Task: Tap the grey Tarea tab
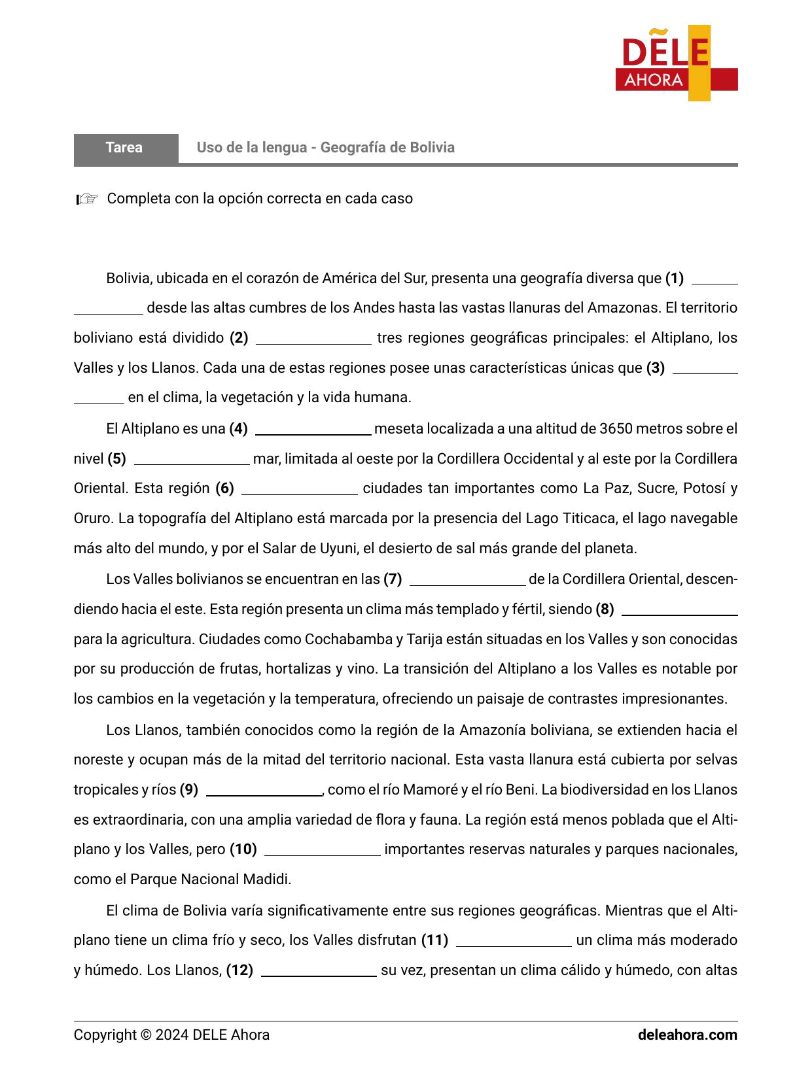(125, 148)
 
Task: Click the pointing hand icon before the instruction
(86, 199)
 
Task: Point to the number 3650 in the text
(616, 429)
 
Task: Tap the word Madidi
(266, 880)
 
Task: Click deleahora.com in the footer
(687, 1035)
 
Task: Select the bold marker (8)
(605, 609)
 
